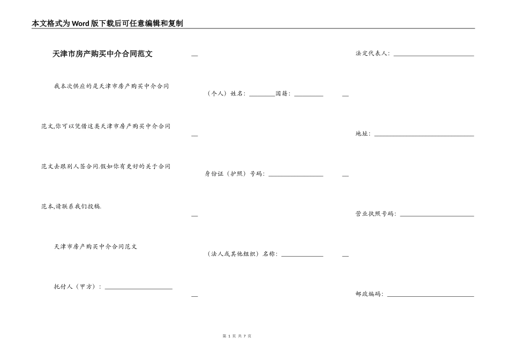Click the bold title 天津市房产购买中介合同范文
(102, 54)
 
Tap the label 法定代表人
(372, 54)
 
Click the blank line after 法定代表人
(433, 55)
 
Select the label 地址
(363, 134)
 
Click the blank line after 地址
(424, 135)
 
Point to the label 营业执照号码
(376, 214)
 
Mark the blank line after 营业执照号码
(437, 215)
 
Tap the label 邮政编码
(369, 294)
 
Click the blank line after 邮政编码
(430, 295)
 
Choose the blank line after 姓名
(262, 95)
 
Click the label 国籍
(282, 94)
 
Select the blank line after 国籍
(309, 95)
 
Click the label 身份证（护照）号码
(234, 174)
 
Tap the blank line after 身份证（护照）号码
(295, 175)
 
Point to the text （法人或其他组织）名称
(242, 254)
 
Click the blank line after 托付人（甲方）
(138, 288)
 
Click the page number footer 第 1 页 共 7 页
(236, 336)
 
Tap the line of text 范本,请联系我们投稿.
(71, 206)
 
